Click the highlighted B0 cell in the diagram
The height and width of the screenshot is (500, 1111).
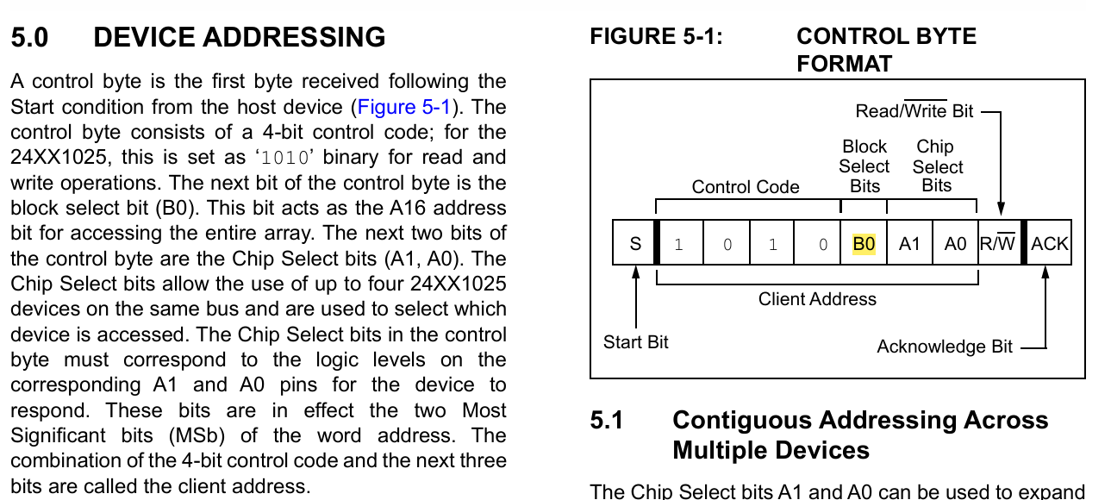pyautogui.click(x=864, y=244)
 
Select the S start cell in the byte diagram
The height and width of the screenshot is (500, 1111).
pyautogui.click(x=635, y=244)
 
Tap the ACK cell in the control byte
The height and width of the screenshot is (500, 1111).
pyautogui.click(x=1049, y=244)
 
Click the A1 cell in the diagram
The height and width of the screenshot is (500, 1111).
pyautogui.click(x=909, y=244)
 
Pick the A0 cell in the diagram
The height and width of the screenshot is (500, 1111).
pyautogui.click(x=955, y=244)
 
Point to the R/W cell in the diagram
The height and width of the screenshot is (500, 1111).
pyautogui.click(x=998, y=244)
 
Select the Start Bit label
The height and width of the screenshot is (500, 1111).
pyautogui.click(x=636, y=342)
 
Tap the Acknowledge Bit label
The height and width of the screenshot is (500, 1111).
pyautogui.click(x=945, y=347)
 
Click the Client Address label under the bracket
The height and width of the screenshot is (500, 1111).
pyautogui.click(x=817, y=299)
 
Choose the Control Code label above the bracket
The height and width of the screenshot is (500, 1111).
pyautogui.click(x=746, y=187)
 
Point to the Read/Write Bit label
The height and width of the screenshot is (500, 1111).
pyautogui.click(x=914, y=111)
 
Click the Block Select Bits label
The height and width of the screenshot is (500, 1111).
pyautogui.click(x=864, y=166)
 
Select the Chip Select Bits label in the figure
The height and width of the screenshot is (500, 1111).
pyautogui.click(x=937, y=166)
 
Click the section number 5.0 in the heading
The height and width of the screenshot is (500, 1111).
pyautogui.click(x=29, y=38)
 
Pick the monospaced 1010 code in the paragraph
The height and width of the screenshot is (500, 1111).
pyautogui.click(x=282, y=159)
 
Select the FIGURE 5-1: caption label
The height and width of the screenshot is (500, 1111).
pyautogui.click(x=656, y=37)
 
